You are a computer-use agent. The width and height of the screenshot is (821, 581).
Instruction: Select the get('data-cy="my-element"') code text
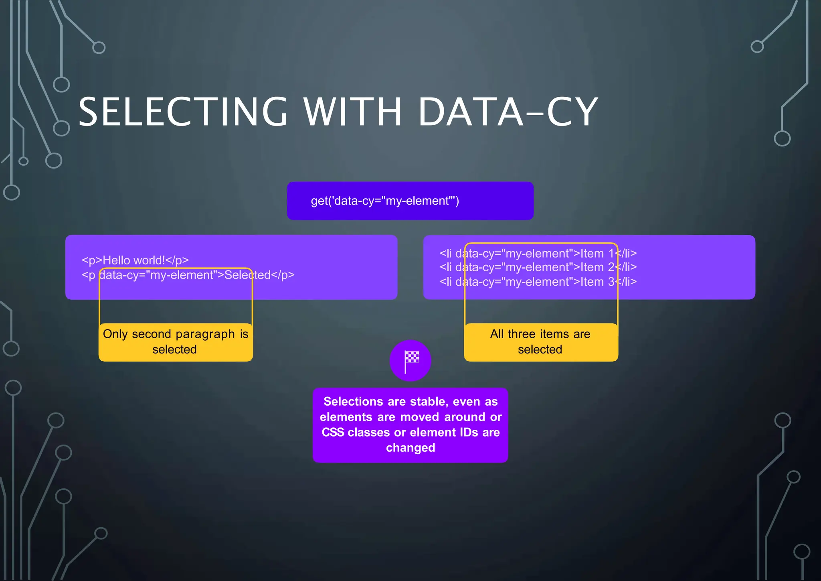(x=385, y=201)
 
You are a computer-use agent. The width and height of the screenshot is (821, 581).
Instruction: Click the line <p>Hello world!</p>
(x=135, y=260)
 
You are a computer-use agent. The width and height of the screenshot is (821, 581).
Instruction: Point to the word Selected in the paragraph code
(x=247, y=275)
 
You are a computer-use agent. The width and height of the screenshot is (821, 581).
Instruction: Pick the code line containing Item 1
(x=538, y=254)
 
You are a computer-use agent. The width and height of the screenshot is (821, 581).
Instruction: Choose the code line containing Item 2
(x=538, y=267)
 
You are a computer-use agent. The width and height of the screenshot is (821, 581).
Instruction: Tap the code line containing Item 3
(x=538, y=282)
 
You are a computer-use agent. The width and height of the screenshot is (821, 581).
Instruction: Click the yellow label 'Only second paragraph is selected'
(x=176, y=342)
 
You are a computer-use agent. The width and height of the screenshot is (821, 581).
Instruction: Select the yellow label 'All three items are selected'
(x=540, y=342)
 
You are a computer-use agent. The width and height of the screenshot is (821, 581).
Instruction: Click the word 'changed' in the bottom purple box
(x=410, y=448)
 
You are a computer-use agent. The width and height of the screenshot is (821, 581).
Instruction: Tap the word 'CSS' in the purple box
(x=333, y=433)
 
